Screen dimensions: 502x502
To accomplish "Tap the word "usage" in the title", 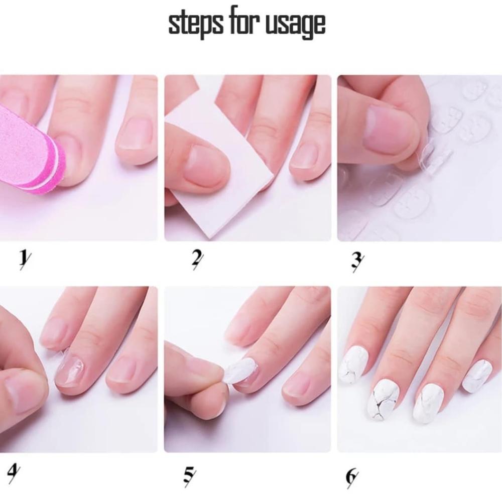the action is point(296,26).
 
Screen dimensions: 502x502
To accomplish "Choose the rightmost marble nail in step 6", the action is point(477,376).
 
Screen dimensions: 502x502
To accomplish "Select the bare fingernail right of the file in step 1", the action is point(135,133).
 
